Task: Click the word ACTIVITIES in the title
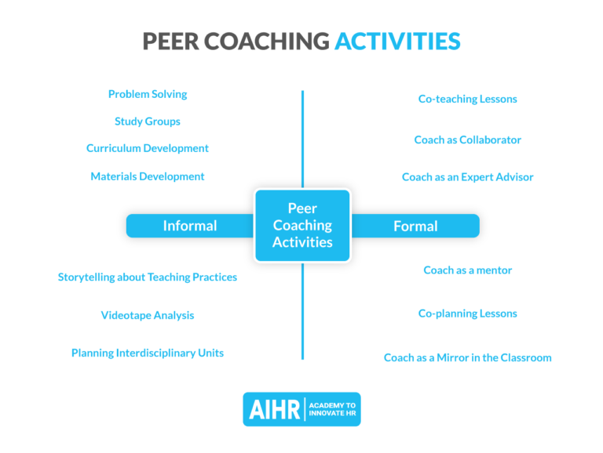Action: click(397, 42)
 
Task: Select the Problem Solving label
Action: click(148, 94)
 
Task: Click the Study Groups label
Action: click(148, 121)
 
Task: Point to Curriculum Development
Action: click(148, 148)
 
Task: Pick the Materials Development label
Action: click(148, 176)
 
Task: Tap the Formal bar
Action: click(415, 226)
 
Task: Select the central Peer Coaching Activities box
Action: click(302, 225)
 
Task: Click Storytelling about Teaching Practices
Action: click(148, 277)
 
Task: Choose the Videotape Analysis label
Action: click(148, 315)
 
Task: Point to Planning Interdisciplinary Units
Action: click(148, 353)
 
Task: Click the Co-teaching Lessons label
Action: click(467, 99)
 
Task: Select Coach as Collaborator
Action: click(467, 140)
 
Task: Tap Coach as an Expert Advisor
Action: click(467, 177)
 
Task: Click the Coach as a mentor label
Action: click(467, 270)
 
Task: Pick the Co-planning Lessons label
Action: click(467, 313)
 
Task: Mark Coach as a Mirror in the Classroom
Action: click(467, 357)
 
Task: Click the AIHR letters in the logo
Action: click(276, 409)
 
